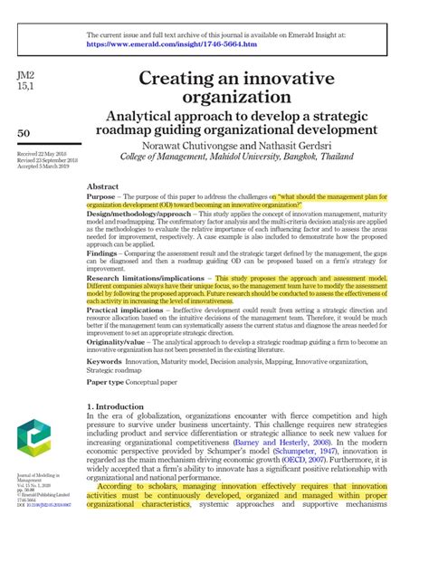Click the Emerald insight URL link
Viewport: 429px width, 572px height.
click(x=170, y=43)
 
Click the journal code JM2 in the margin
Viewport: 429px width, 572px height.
click(x=26, y=72)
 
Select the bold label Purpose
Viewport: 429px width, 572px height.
click(x=107, y=196)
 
